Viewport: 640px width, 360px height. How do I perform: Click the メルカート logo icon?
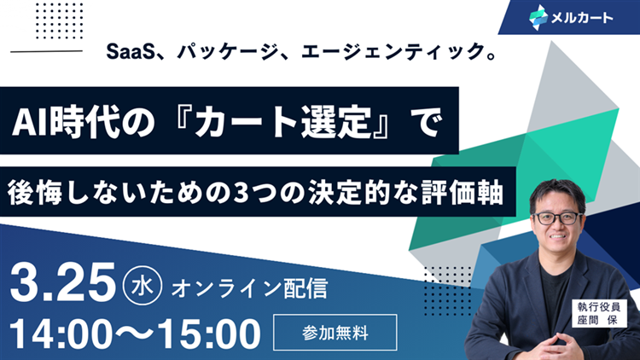pyautogui.click(x=538, y=15)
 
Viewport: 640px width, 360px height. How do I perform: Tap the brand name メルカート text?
pyautogui.click(x=584, y=16)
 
